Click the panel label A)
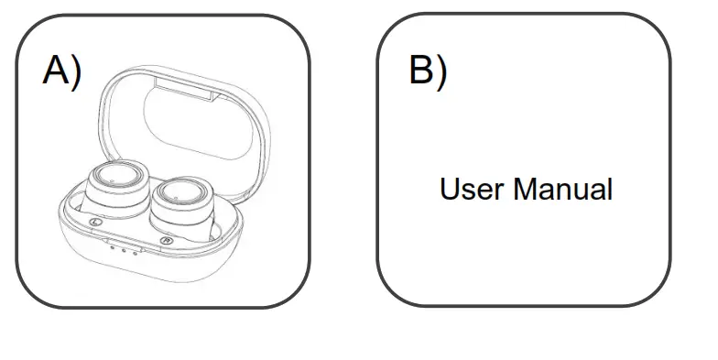(61, 71)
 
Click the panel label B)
(428, 71)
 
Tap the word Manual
(562, 191)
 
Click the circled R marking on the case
(167, 240)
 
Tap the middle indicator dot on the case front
(122, 247)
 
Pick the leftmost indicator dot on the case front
(112, 245)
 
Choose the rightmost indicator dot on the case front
(133, 250)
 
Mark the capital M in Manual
(524, 191)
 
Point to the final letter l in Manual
(609, 191)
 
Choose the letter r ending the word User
(499, 192)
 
